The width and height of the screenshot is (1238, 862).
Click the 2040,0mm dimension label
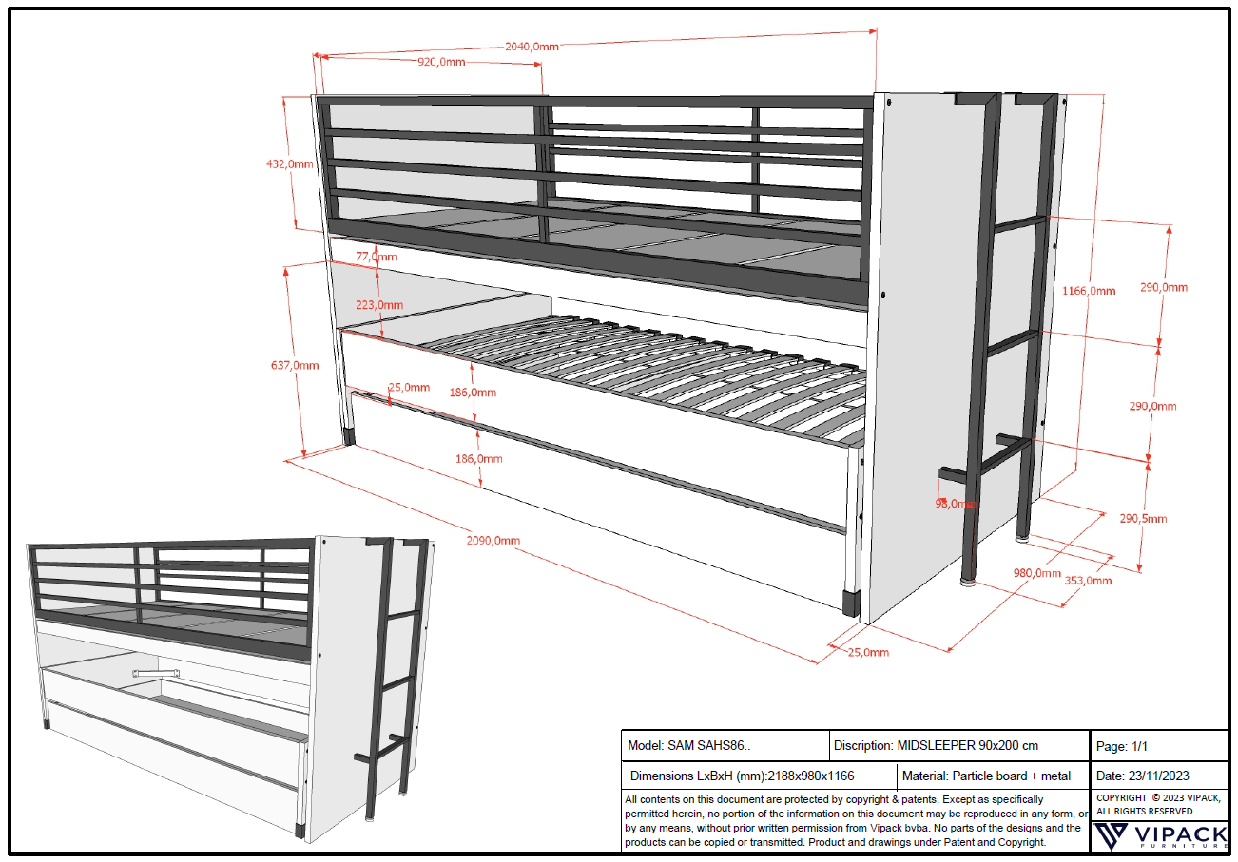tap(531, 46)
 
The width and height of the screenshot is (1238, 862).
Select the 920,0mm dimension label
tap(441, 62)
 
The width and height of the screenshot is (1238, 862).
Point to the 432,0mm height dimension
tap(289, 163)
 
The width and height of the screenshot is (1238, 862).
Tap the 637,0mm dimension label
tap(295, 365)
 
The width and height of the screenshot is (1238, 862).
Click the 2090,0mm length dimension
tap(494, 540)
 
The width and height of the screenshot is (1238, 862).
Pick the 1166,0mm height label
tap(1089, 291)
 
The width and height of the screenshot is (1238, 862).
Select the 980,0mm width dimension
tap(1036, 573)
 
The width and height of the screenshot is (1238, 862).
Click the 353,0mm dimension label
tap(1088, 580)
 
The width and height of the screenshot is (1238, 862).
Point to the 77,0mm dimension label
tap(376, 257)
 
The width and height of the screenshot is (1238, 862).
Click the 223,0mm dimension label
tap(379, 305)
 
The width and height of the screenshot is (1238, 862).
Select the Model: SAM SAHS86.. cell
tap(689, 746)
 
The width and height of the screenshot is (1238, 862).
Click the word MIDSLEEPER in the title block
tap(936, 746)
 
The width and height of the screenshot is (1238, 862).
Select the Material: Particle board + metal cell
tap(986, 776)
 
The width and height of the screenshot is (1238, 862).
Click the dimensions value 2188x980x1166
tap(805, 776)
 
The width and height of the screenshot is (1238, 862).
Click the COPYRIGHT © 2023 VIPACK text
tap(1158, 798)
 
